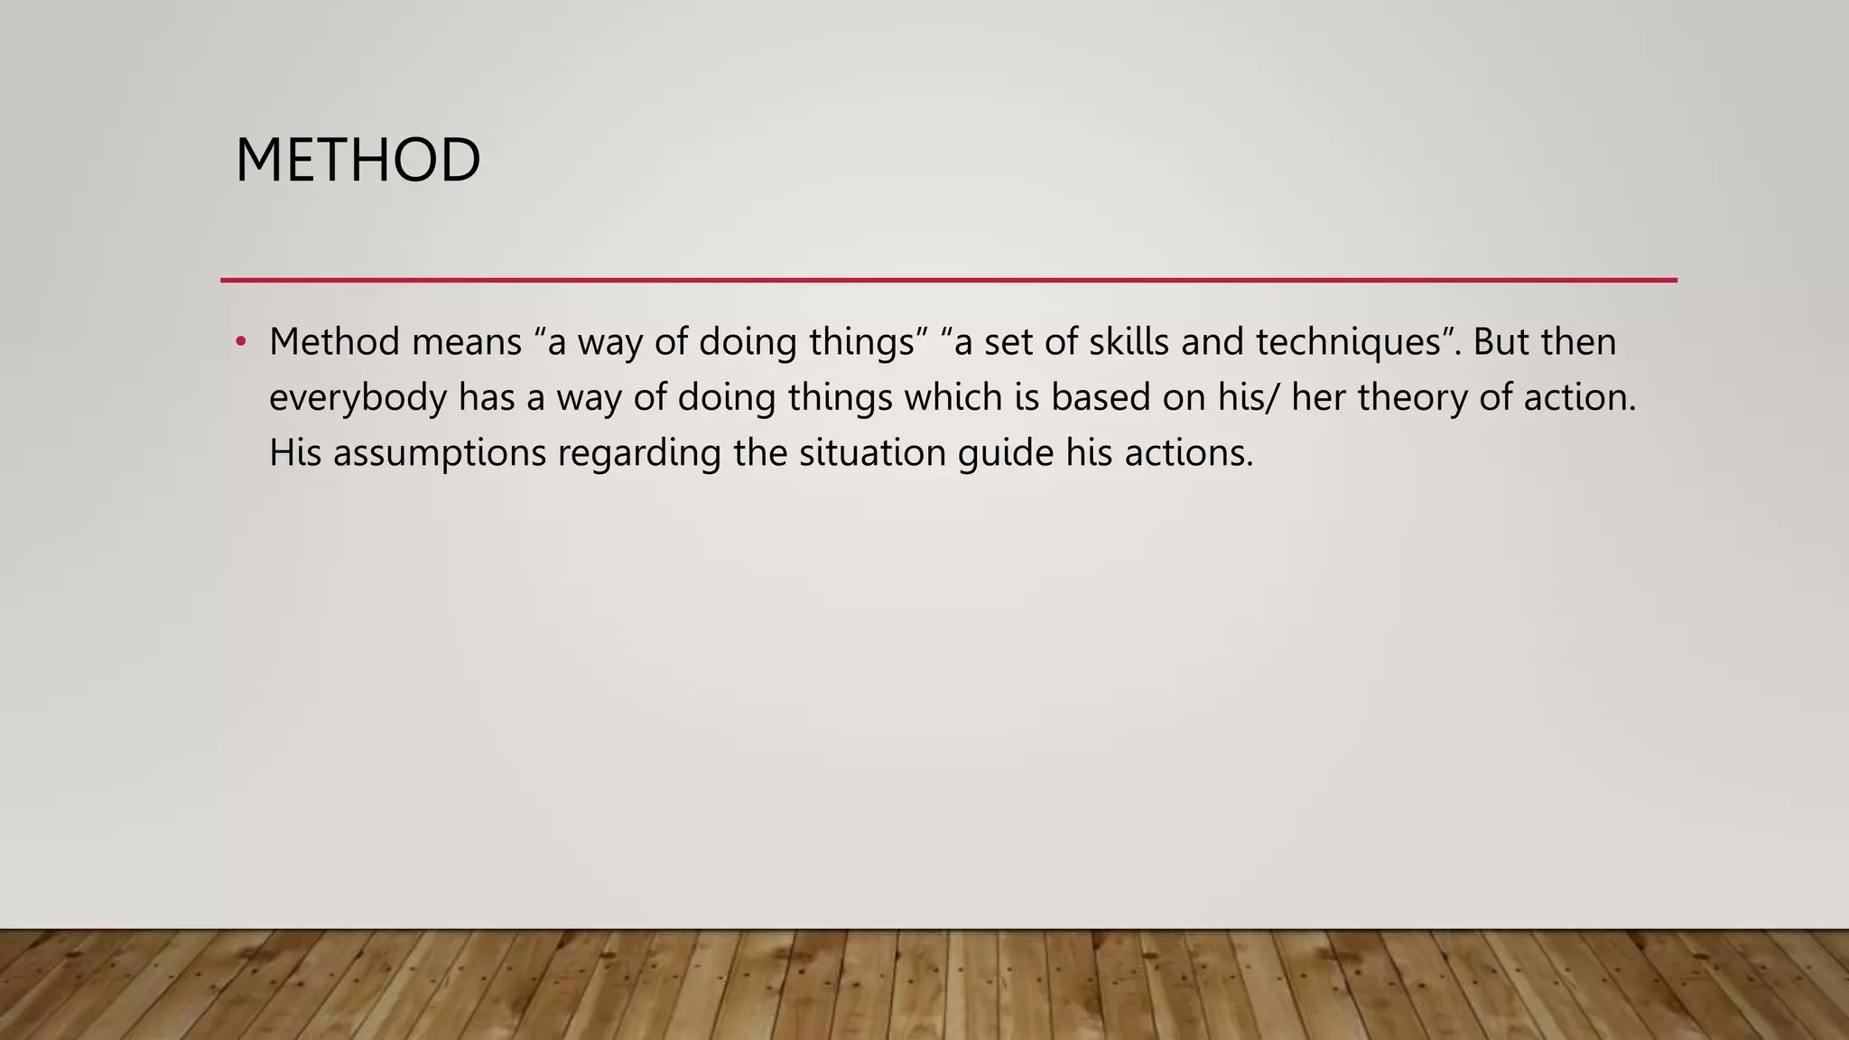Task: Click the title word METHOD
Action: point(358,161)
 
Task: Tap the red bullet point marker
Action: point(240,341)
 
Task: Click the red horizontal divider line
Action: point(948,280)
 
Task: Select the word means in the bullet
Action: point(467,341)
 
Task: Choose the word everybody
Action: point(358,398)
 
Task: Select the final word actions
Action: point(1188,452)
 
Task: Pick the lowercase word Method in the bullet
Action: point(334,341)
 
